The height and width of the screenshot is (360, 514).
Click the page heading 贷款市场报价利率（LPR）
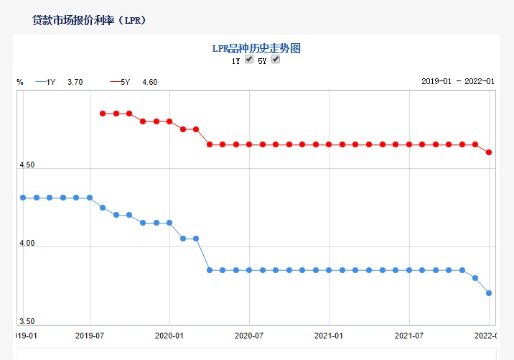[90, 20]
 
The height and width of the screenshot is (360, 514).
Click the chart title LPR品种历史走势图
[256, 48]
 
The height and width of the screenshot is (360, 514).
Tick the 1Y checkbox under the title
[249, 60]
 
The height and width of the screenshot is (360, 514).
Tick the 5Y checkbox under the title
[275, 60]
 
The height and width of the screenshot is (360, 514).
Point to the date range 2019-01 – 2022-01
[458, 82]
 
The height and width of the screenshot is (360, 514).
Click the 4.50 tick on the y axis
[26, 165]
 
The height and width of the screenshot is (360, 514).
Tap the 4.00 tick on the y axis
[26, 244]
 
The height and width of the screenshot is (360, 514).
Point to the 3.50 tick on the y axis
[26, 321]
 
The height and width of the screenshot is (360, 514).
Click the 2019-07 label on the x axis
[90, 335]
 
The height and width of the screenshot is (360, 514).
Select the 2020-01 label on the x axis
[170, 335]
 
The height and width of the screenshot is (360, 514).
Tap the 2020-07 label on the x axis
[250, 335]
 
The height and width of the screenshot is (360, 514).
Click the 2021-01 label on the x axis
[330, 335]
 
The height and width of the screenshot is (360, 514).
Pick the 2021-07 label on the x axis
[409, 335]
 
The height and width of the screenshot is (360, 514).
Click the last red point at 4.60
[489, 152]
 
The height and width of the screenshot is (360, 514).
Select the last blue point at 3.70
[489, 293]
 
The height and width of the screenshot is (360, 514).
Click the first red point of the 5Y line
[103, 114]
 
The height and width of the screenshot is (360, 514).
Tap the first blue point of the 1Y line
[23, 198]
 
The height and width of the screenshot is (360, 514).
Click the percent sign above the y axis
[20, 82]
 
